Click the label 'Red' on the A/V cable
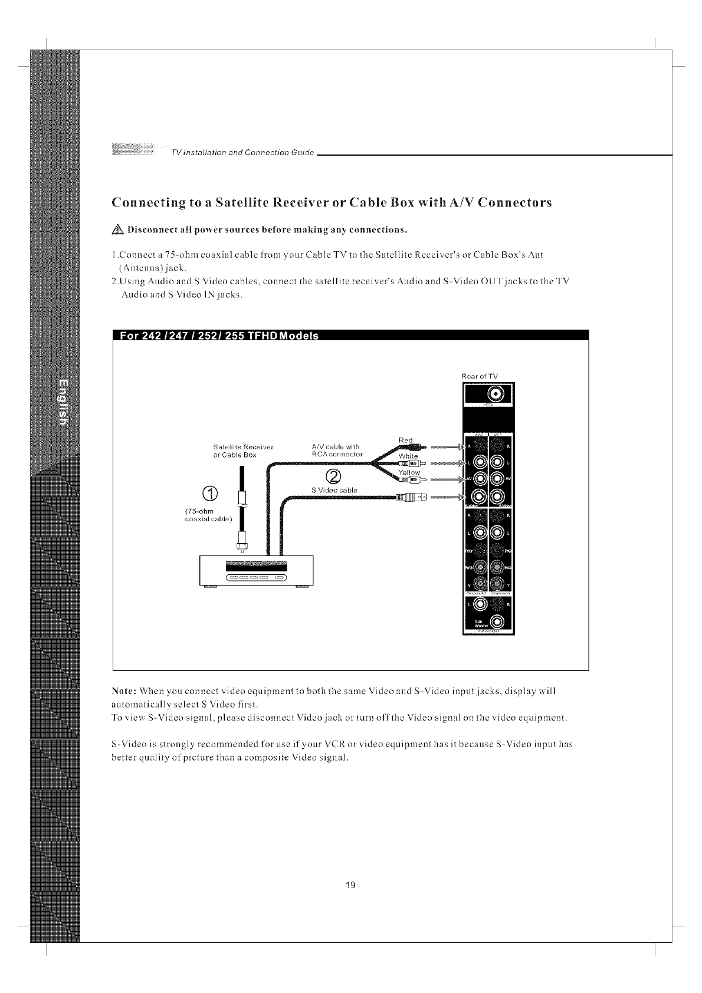[405, 440]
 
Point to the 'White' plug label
[408, 456]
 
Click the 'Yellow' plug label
[409, 472]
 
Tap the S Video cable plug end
[410, 497]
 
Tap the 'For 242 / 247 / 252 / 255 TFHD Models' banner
[219, 336]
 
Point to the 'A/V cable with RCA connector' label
[336, 450]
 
